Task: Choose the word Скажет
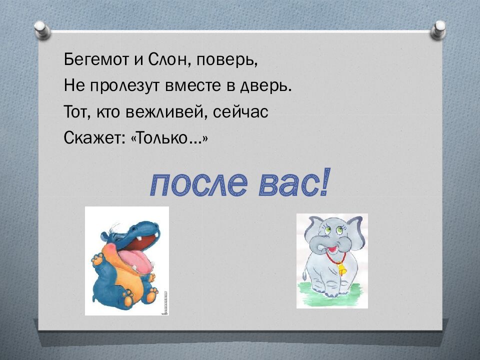[90, 138]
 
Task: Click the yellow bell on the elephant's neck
[341, 269]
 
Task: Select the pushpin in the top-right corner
[438, 29]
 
